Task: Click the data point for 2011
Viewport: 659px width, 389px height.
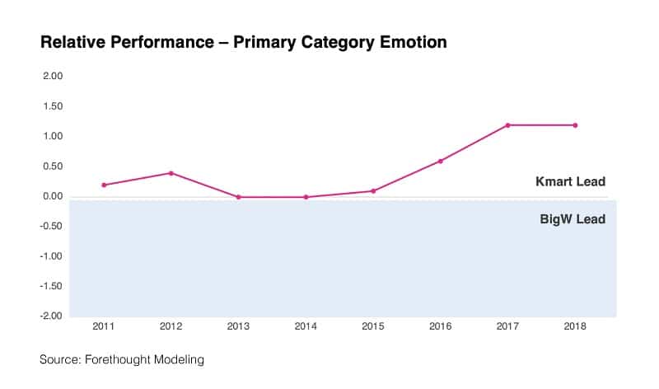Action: pyautogui.click(x=104, y=185)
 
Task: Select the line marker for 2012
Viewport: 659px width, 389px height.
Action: pyautogui.click(x=171, y=173)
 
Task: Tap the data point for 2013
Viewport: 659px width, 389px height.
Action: pyautogui.click(x=238, y=197)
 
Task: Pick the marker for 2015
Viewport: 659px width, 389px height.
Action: pyautogui.click(x=373, y=191)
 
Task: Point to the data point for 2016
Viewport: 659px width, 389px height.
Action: pyautogui.click(x=441, y=161)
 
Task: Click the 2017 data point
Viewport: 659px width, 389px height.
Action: pyautogui.click(x=507, y=125)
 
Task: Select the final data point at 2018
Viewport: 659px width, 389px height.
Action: pyautogui.click(x=575, y=125)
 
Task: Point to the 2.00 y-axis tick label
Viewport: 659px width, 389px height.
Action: pyautogui.click(x=53, y=76)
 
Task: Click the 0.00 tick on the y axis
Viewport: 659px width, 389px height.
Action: pyautogui.click(x=53, y=196)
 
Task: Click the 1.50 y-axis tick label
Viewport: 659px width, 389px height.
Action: pyautogui.click(x=53, y=106)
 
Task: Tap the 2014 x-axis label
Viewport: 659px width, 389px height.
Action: pyautogui.click(x=306, y=328)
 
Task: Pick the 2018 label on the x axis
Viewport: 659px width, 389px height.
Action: pyautogui.click(x=575, y=328)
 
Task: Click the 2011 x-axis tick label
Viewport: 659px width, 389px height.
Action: pyautogui.click(x=104, y=328)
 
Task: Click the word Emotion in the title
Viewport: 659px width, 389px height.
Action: pyautogui.click(x=411, y=42)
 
